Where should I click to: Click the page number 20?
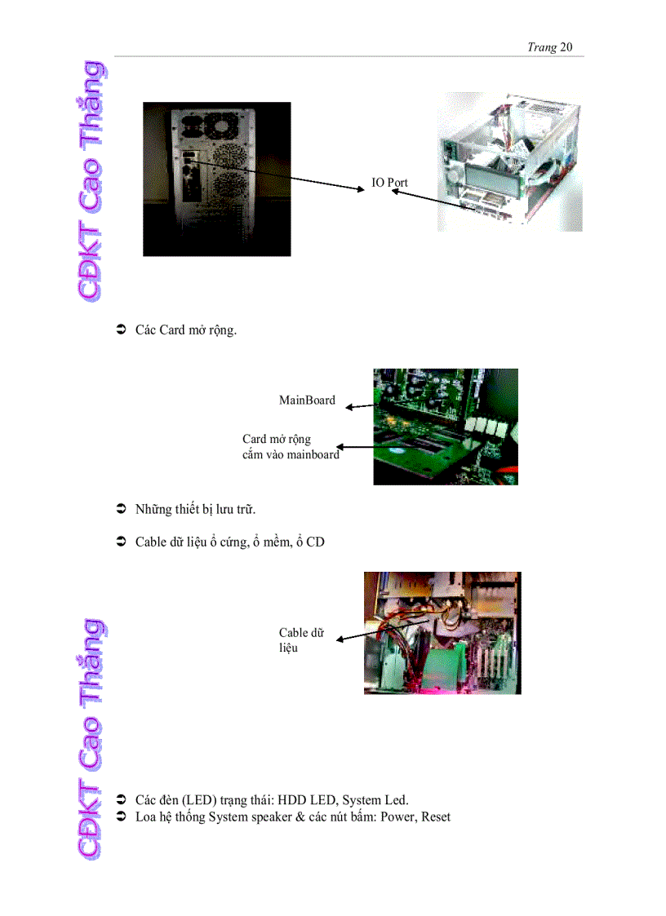click(x=566, y=47)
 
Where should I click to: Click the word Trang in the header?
click(x=541, y=47)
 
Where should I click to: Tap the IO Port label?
click(x=389, y=183)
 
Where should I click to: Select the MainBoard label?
click(x=307, y=400)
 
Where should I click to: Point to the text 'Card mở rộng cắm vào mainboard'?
click(x=290, y=447)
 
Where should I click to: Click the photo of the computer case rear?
click(x=217, y=179)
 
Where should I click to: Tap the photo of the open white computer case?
click(x=509, y=162)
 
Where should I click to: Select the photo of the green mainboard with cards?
click(x=445, y=427)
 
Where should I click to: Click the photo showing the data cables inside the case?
click(x=442, y=633)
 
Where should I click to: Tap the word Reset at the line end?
click(x=436, y=816)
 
